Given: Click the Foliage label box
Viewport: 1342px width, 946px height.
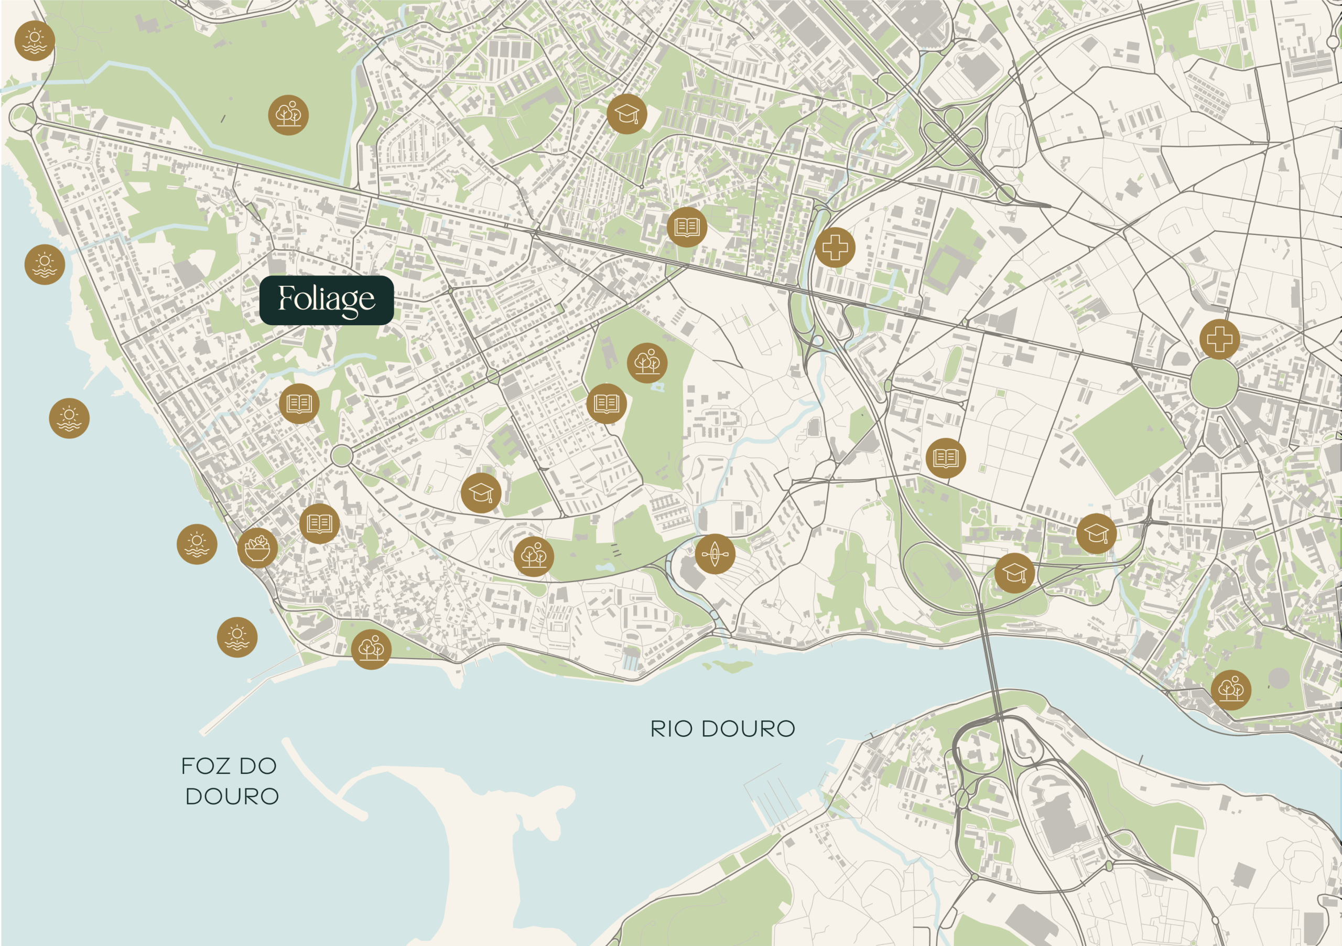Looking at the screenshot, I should click(326, 300).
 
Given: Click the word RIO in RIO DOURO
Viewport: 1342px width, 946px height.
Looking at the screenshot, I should click(672, 729).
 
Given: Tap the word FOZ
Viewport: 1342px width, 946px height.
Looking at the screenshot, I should click(204, 766).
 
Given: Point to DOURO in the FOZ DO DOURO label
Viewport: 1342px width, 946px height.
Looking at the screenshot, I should click(232, 797).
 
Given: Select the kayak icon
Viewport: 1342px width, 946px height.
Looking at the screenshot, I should click(715, 553).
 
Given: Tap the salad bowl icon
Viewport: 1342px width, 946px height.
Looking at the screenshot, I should click(257, 548).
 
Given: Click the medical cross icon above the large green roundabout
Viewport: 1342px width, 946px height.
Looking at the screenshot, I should click(1219, 339).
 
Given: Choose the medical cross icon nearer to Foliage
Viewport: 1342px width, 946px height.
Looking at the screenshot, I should click(835, 248).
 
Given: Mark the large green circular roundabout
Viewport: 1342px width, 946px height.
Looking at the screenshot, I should click(1214, 383).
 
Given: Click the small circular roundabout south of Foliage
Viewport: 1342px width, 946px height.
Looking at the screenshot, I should click(341, 456).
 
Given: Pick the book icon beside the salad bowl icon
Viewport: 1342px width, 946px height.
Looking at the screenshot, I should click(319, 523).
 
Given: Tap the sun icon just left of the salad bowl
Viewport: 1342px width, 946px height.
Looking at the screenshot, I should click(197, 544).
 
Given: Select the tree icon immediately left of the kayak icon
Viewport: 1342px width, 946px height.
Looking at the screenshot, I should click(534, 556).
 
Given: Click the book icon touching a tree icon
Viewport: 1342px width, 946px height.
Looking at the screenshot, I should click(606, 403).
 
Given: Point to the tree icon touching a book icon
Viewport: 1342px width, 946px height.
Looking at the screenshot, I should click(647, 362).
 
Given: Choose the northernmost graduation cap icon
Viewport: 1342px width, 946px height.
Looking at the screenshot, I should click(626, 114).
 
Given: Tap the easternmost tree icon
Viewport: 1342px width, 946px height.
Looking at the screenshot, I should click(1230, 690).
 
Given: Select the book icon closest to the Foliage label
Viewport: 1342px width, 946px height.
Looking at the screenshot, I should click(299, 403).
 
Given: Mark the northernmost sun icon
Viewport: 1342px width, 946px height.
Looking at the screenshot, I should click(35, 40).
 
